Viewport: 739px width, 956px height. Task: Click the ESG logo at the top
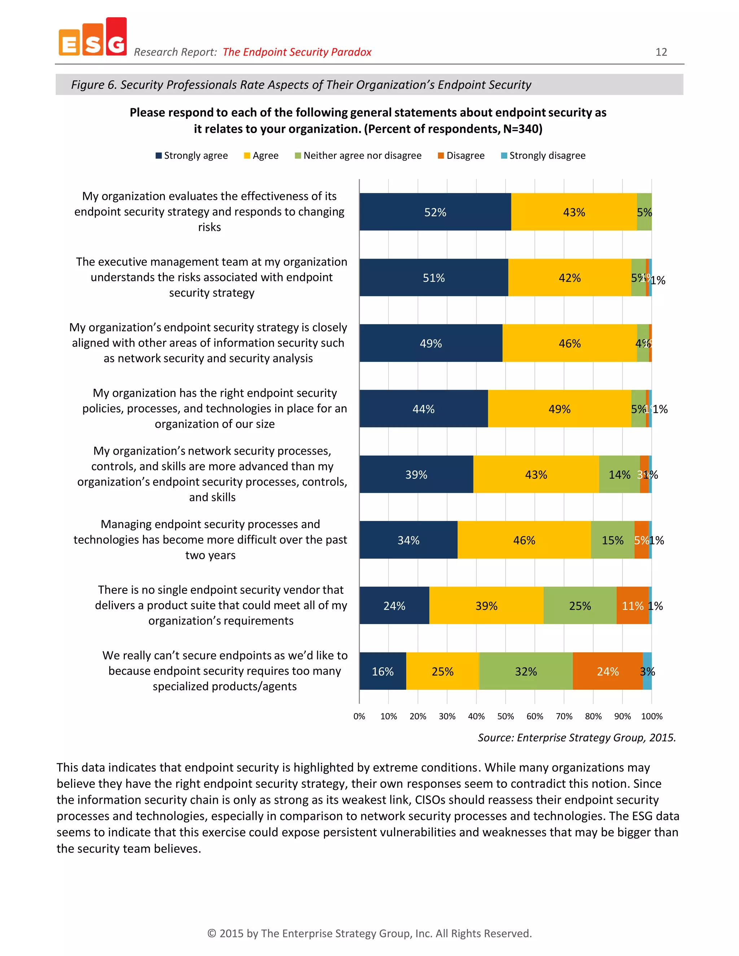92,37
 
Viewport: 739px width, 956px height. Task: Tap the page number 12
661,52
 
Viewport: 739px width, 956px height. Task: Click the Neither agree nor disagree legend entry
358,155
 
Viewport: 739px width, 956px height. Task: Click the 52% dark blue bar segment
435,212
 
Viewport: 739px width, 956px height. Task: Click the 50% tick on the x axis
505,716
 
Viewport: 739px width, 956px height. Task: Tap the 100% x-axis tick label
651,716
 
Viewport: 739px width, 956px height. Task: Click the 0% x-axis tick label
359,716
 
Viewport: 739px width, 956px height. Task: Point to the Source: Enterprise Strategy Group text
577,738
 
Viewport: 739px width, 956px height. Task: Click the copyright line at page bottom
369,933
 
